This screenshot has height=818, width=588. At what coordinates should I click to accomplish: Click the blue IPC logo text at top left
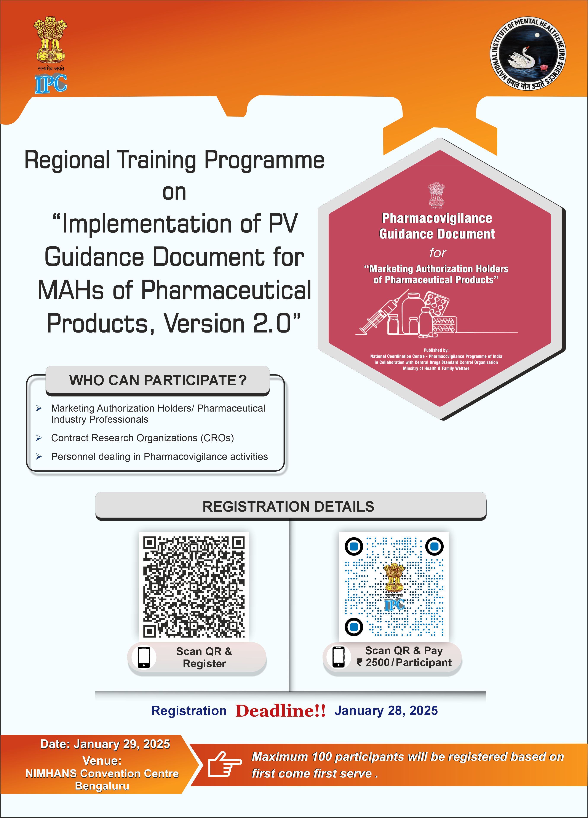click(x=51, y=84)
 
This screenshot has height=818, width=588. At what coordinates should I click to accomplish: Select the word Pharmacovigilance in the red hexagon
click(x=437, y=218)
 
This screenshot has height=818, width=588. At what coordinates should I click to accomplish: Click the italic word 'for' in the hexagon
click(x=438, y=253)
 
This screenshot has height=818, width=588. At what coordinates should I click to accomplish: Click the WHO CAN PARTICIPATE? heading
click(x=158, y=380)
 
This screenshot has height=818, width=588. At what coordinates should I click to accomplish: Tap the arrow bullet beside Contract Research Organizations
click(x=39, y=438)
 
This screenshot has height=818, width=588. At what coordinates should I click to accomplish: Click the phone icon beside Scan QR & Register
click(x=144, y=657)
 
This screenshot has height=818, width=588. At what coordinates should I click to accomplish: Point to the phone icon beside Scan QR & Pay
click(x=339, y=657)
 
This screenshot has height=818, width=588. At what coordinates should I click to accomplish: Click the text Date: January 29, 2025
click(x=105, y=744)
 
